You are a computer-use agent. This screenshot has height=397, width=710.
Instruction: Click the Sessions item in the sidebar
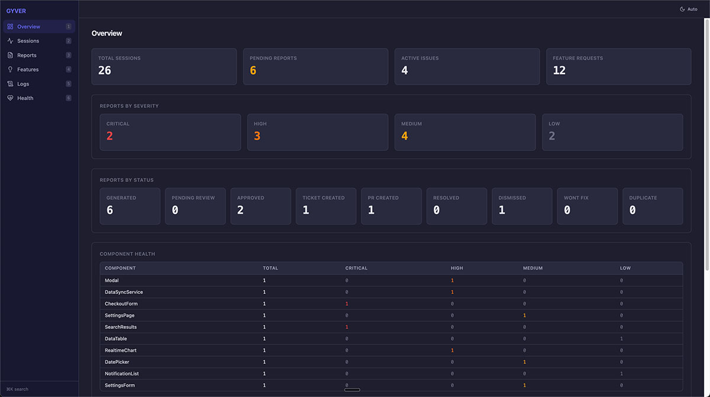28,41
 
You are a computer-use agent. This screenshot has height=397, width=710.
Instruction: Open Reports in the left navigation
27,55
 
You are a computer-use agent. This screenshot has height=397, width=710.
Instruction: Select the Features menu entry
28,69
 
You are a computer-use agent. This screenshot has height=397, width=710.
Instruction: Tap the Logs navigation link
23,84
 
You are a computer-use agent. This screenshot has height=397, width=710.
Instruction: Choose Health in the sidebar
25,98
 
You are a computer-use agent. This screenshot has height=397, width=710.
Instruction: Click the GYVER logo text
16,11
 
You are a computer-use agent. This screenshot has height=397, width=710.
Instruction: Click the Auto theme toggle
689,9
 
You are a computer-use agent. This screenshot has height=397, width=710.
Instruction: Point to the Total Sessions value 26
105,71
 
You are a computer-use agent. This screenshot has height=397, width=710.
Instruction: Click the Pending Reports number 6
253,71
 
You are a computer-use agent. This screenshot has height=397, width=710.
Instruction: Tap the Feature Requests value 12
559,71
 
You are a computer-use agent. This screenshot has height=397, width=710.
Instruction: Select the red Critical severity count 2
109,136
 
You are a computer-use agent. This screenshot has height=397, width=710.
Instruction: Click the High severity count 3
257,136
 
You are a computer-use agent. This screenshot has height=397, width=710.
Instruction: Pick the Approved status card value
240,210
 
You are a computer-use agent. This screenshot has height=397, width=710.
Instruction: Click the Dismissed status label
512,198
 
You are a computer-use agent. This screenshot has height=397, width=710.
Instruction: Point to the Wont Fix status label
576,198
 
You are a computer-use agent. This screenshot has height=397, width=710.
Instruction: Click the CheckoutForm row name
121,303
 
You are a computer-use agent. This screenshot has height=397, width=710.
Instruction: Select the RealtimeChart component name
121,350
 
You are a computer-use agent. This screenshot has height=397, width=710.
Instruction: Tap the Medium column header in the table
532,268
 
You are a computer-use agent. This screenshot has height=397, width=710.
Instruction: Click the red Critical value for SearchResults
347,327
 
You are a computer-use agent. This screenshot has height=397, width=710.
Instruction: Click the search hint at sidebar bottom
18,389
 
